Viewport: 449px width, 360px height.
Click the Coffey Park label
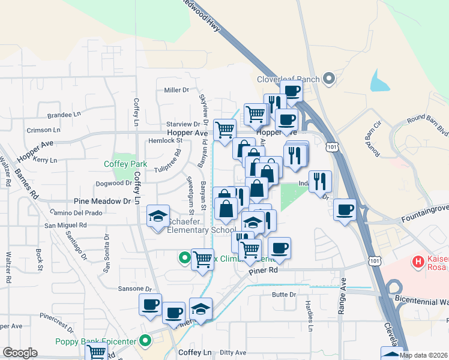coord(125,164)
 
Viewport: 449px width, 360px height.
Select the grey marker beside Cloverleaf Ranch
coord(328,79)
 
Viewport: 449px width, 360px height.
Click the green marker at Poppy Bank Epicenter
coord(145,341)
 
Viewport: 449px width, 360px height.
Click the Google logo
coord(20,353)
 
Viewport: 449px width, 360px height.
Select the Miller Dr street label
coord(176,90)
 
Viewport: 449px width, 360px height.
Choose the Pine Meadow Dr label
coord(102,202)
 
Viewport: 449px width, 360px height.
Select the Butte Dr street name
coord(284,295)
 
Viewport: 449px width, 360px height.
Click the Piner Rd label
coord(265,271)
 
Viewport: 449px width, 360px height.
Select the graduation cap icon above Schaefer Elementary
coord(158,217)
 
